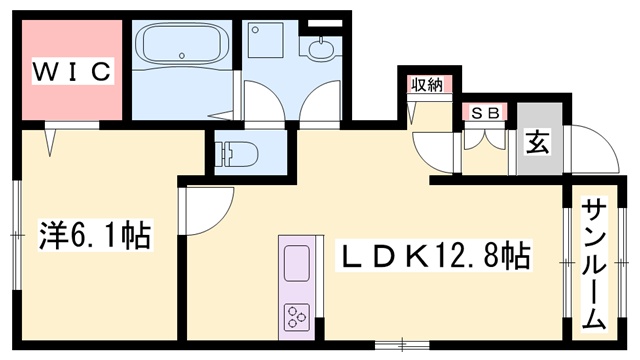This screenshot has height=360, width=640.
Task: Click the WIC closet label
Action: [72, 71]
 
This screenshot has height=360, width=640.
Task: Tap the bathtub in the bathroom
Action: [182, 44]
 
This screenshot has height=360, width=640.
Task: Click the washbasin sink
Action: [321, 50]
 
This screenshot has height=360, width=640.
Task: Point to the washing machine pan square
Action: [265, 40]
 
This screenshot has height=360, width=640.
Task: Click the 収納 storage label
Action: [427, 85]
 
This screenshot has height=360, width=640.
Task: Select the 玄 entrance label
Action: [538, 142]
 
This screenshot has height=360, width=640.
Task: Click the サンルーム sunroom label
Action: [594, 264]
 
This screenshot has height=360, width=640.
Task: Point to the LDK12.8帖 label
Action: [434, 256]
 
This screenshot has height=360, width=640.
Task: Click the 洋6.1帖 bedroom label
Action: [95, 235]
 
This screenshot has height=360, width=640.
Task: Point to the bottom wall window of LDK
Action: [402, 345]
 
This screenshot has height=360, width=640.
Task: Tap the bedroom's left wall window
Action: [16, 235]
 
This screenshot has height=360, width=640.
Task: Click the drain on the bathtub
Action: [182, 56]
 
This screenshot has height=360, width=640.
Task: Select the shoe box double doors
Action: [485, 139]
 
